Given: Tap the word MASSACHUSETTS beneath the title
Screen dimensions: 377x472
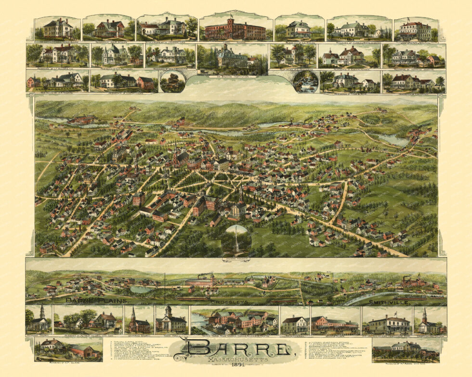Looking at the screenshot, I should click(x=236, y=359).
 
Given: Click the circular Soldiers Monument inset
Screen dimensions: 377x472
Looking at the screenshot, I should click(x=236, y=240).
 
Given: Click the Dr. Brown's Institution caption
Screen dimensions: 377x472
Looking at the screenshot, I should click(x=236, y=75).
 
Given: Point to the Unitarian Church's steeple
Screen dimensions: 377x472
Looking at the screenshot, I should click(x=133, y=313).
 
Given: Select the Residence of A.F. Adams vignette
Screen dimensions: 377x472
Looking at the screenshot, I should click(x=406, y=350).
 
